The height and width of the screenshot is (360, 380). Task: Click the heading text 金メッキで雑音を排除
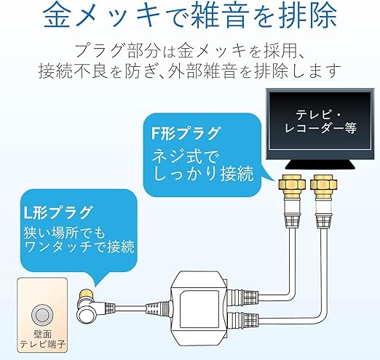tap(190, 15)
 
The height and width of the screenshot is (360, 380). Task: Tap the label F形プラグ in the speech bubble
tap(186, 133)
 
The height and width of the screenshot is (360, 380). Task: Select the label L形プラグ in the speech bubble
tap(58, 212)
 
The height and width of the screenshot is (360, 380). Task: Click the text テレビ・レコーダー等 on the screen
tap(320, 121)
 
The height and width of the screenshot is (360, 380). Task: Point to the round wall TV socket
tap(42, 315)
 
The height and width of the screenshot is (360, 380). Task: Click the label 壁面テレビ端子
tap(42, 340)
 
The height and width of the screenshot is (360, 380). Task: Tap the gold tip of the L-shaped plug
tap(86, 295)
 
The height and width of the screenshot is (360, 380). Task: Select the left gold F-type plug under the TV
tap(290, 186)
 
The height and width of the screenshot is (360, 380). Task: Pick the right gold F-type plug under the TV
tap(324, 186)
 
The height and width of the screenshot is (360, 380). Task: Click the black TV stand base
tap(320, 165)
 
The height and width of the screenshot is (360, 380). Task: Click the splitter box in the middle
tap(199, 308)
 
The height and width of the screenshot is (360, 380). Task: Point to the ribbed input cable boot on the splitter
tap(158, 308)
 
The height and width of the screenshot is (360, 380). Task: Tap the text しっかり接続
tap(203, 173)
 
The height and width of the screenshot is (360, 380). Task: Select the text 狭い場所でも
tap(65, 232)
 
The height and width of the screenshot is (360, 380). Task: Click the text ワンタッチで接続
tap(79, 247)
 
